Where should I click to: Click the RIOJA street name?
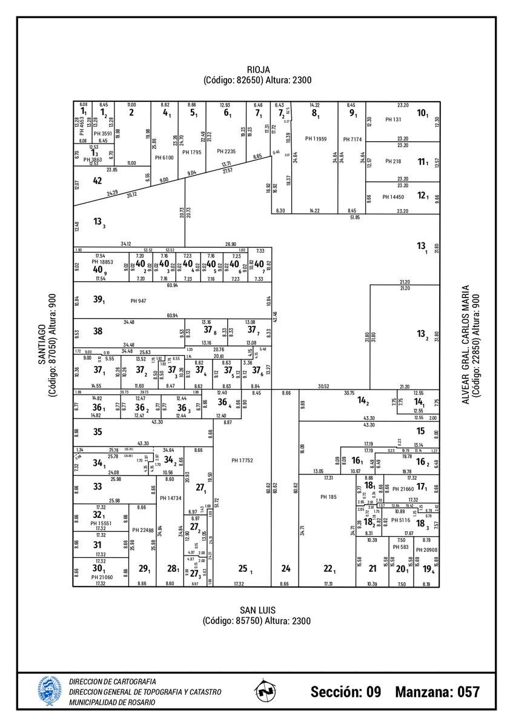coord(257,70)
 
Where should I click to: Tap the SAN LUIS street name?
coord(257,610)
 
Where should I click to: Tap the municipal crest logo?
coord(50,691)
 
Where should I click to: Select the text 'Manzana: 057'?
coord(437,692)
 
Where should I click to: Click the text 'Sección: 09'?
coord(346,692)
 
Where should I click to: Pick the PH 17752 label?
coord(242,461)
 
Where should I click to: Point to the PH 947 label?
coord(138,301)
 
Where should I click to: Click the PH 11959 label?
coord(316,139)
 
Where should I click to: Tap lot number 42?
coord(98,181)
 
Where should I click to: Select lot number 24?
coord(286,568)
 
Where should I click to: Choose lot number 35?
coord(98,432)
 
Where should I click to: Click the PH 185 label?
coord(328,497)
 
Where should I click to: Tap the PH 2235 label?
coord(227,151)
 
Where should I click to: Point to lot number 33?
coord(98,486)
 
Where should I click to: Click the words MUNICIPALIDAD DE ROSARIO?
coord(112,702)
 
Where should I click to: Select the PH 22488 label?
coord(143,530)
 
